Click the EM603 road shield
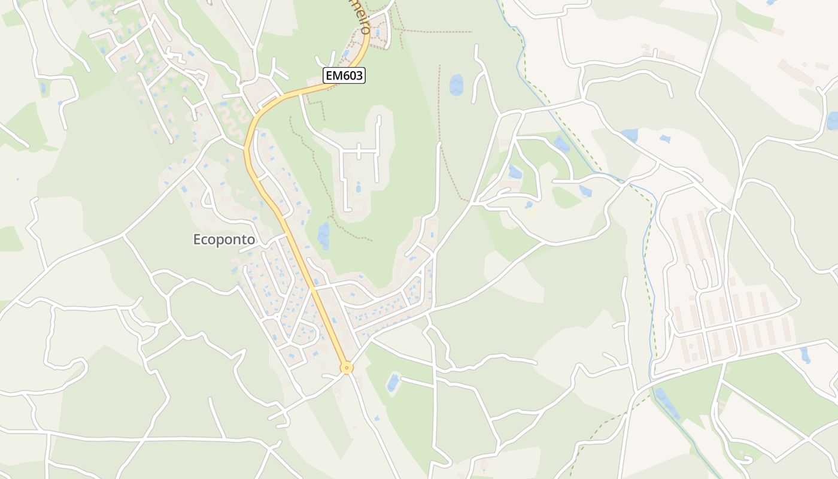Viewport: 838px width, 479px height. [344, 75]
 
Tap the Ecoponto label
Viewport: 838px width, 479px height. [224, 239]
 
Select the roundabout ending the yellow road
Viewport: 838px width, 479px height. [346, 368]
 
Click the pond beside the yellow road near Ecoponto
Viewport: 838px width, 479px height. [324, 235]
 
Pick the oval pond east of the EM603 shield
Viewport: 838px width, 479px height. [456, 85]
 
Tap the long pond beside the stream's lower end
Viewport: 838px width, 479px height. [667, 404]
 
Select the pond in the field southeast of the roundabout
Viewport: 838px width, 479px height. [393, 381]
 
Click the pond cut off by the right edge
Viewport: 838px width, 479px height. [832, 120]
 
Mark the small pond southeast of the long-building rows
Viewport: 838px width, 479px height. [805, 354]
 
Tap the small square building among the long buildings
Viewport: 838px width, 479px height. [731, 281]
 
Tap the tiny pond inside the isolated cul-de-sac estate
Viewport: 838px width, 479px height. [359, 189]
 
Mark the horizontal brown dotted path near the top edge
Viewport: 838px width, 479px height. [437, 32]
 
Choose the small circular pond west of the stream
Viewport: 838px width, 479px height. [529, 205]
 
